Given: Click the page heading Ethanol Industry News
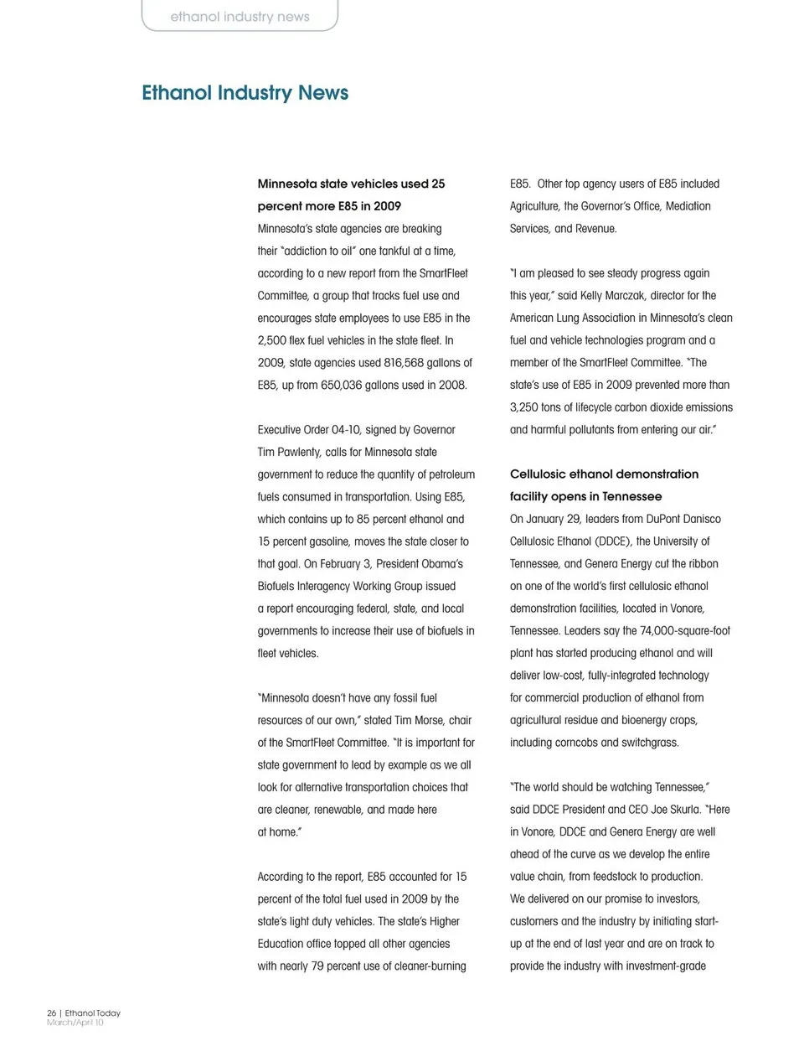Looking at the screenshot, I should pos(245,93).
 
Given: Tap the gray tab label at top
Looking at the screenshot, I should pos(240,17).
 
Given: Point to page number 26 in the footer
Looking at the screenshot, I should pos(51,1013).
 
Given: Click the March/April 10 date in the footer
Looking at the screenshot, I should pos(75,1023).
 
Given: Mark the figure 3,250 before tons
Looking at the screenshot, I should pos(524,407).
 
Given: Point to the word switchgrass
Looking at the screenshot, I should pos(649,743).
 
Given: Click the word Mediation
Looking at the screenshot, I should pos(688,206).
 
